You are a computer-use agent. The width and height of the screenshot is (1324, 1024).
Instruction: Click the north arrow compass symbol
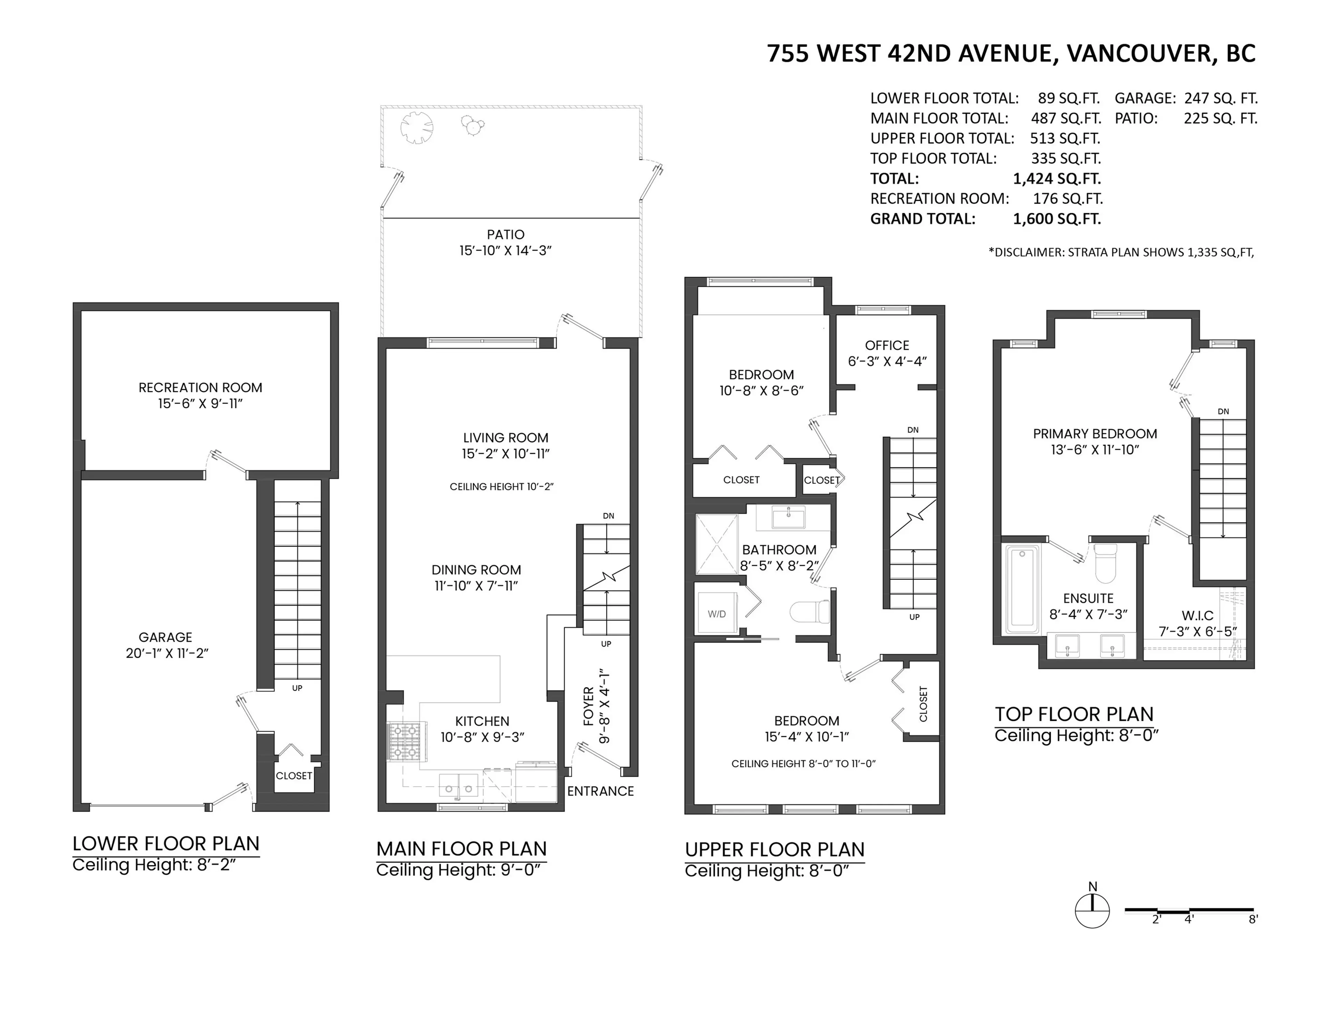pos(1092,910)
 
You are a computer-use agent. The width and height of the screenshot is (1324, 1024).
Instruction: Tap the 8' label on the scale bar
pos(1253,919)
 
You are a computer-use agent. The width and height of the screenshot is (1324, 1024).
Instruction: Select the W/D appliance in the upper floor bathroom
pos(716,614)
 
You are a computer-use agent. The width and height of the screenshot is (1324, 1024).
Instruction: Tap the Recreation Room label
pos(200,387)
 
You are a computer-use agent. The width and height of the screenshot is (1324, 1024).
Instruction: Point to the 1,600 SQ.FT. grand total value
pos(1057,219)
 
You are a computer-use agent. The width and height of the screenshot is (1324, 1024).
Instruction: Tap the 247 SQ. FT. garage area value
pos(1220,98)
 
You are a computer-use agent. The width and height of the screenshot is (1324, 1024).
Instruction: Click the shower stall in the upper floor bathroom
pos(716,544)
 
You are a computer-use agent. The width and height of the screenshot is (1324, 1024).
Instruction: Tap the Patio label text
pos(505,234)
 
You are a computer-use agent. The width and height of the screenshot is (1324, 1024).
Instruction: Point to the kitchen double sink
pos(459,785)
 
